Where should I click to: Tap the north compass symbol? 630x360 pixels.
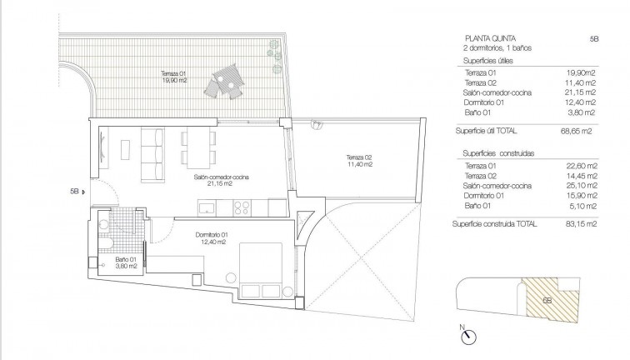click(x=467, y=336)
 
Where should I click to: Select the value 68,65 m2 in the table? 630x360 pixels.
click(x=576, y=131)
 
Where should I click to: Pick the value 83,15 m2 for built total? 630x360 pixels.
click(x=581, y=224)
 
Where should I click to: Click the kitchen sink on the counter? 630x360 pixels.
click(x=207, y=207)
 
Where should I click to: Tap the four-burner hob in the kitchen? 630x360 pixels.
click(x=242, y=207)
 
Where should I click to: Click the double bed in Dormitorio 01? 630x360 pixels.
click(x=261, y=270)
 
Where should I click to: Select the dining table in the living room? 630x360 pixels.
click(x=198, y=147)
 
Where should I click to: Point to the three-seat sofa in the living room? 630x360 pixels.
click(x=152, y=154)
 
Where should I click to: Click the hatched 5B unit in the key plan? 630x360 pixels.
click(x=552, y=300)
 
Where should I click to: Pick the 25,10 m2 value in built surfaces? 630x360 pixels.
click(x=581, y=186)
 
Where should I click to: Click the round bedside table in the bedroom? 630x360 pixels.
click(x=231, y=277)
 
